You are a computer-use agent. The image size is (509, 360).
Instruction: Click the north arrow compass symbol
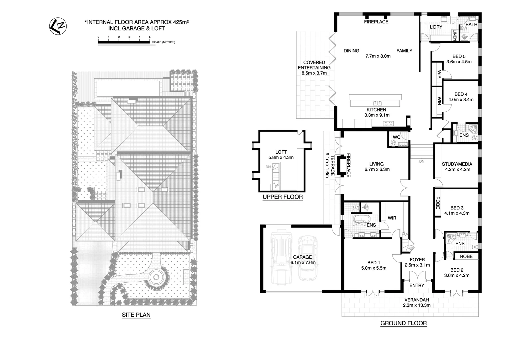58,25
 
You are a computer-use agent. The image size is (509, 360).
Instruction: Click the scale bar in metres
124,42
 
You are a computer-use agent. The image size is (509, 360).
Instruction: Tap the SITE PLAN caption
136,314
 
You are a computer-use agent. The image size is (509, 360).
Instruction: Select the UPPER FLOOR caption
282,197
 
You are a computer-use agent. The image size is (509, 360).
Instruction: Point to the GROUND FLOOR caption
403,323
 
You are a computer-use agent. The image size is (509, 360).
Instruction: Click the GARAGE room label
302,257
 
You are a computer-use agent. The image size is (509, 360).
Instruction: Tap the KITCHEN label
376,110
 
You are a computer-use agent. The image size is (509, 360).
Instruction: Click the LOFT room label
281,152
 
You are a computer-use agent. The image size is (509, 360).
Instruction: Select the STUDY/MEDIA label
457,164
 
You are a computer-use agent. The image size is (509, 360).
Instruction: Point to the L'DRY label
436,27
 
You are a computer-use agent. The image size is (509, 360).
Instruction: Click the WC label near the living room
396,137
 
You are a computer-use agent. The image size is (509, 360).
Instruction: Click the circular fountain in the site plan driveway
156,277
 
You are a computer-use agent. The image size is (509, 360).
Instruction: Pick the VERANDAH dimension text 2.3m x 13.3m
416,305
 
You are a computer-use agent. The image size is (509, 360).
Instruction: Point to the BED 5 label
459,56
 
